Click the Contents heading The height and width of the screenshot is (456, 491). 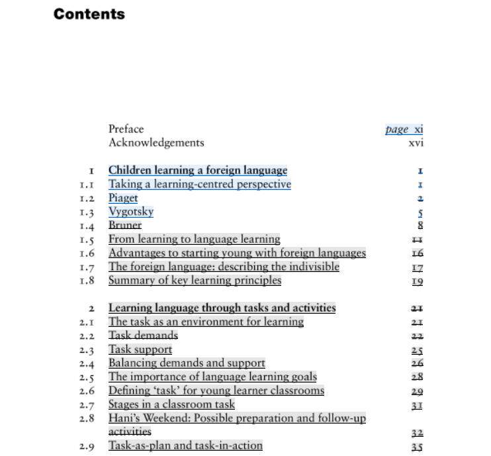click(x=89, y=14)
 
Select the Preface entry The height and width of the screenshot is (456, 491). click(x=126, y=129)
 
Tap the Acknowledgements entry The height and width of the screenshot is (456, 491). click(x=156, y=142)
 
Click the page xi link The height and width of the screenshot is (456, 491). click(x=404, y=129)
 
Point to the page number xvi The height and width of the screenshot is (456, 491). click(x=416, y=142)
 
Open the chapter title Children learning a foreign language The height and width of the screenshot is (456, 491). click(x=198, y=170)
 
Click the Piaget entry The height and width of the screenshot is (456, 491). click(x=123, y=198)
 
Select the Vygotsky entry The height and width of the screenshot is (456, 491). click(x=131, y=212)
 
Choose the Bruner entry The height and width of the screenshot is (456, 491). click(x=125, y=225)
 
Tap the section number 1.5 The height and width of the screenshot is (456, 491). click(x=87, y=240)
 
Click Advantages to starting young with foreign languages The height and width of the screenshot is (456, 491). click(x=237, y=253)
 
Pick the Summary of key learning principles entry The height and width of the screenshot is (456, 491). click(x=195, y=280)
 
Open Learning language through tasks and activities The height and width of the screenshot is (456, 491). click(x=222, y=308)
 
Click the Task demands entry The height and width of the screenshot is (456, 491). click(x=143, y=335)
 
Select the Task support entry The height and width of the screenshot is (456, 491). click(x=140, y=349)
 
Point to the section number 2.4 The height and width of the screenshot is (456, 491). click(x=87, y=363)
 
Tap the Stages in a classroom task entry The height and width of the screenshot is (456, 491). click(x=171, y=404)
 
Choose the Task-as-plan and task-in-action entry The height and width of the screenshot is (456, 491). click(x=185, y=445)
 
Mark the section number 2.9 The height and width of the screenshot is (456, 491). click(x=87, y=446)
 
